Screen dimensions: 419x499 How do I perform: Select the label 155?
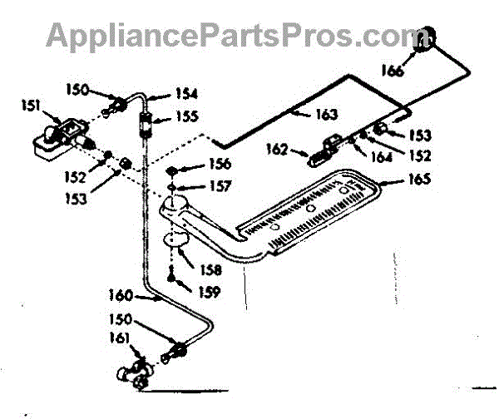(187, 117)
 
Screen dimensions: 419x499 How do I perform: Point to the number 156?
(219, 164)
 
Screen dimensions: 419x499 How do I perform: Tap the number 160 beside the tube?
(120, 293)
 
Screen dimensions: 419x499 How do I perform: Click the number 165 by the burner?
(418, 178)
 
